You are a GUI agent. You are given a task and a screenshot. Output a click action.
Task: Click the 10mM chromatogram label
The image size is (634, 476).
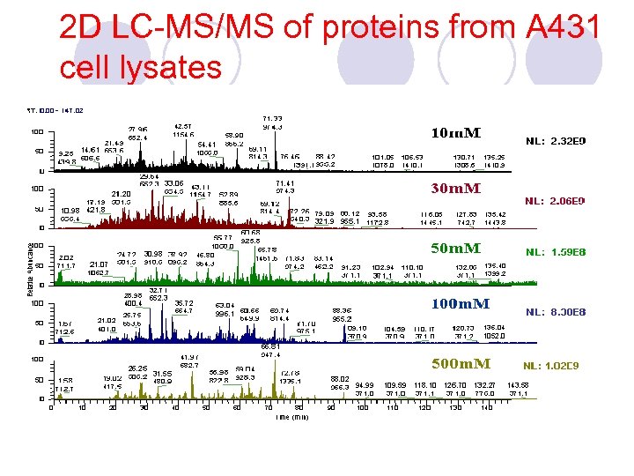(455, 133)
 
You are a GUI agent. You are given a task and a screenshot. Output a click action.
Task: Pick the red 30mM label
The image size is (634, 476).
(455, 189)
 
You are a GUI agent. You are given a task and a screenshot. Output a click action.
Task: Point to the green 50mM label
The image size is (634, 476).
(455, 249)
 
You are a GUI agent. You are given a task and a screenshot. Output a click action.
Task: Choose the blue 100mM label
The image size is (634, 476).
(460, 303)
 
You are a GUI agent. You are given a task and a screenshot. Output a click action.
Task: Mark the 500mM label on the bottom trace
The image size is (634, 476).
(460, 363)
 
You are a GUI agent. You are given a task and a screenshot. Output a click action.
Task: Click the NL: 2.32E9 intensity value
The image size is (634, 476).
(556, 141)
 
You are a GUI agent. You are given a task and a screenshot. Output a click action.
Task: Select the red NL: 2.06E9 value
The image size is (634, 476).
(556, 201)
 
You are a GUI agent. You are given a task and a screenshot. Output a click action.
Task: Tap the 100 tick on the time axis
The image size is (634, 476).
(361, 408)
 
